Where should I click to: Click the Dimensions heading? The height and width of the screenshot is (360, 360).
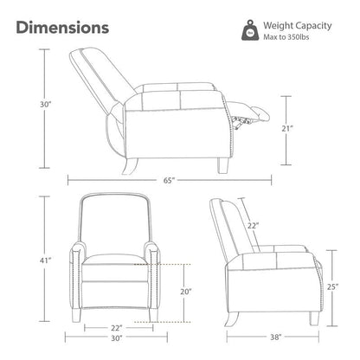pyautogui.click(x=62, y=28)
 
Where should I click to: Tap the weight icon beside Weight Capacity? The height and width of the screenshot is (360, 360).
pyautogui.click(x=250, y=30)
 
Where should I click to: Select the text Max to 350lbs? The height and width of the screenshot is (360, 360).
pyautogui.click(x=286, y=37)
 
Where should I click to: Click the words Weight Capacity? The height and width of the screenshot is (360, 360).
pyautogui.click(x=298, y=26)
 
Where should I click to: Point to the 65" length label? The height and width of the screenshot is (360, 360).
pyautogui.click(x=170, y=181)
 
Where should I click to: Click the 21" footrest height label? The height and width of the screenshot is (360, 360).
pyautogui.click(x=287, y=128)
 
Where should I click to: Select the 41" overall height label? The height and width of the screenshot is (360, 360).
pyautogui.click(x=45, y=260)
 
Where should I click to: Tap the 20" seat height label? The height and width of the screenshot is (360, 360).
pyautogui.click(x=186, y=292)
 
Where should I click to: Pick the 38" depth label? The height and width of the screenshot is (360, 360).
pyautogui.click(x=276, y=337)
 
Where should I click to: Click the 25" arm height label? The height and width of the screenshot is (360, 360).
pyautogui.click(x=332, y=287)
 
